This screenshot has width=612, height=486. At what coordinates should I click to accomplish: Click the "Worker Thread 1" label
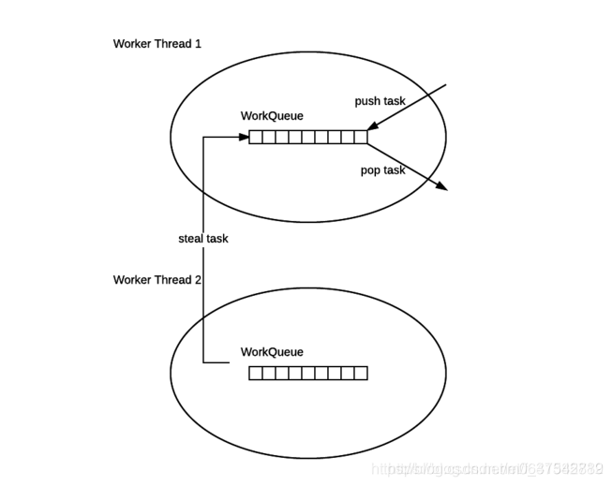(x=157, y=44)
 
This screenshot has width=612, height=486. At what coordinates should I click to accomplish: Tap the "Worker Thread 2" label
(x=157, y=280)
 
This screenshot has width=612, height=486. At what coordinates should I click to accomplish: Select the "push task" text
(x=380, y=101)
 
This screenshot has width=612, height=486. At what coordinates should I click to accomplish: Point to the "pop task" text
(x=383, y=170)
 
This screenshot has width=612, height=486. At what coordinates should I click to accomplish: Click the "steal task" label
(x=203, y=239)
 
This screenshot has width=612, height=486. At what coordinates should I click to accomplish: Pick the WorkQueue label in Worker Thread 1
(x=273, y=116)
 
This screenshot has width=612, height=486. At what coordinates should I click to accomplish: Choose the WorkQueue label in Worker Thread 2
(x=273, y=352)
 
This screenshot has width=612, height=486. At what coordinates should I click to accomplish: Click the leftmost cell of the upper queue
(x=256, y=137)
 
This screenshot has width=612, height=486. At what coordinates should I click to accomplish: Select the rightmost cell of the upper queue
(x=361, y=137)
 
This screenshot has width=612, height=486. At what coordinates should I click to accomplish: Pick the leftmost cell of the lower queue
(x=256, y=373)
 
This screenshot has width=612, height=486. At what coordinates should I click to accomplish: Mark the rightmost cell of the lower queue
(x=361, y=373)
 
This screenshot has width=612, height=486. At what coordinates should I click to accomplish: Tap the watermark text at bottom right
(x=486, y=467)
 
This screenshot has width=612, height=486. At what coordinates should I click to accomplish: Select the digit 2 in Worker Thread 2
(x=198, y=280)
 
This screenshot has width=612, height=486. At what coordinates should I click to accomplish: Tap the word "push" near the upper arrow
(x=367, y=101)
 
